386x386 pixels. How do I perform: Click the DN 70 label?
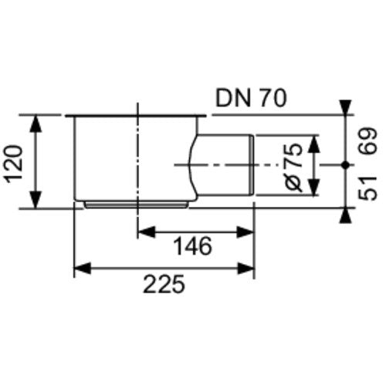coord(251,98)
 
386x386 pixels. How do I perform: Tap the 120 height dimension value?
coord(15,164)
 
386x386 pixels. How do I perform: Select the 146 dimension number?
coord(193,246)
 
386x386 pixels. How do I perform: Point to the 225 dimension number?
coord(164,284)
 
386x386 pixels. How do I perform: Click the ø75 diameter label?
coord(294,168)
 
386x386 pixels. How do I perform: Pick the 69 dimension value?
coord(368,141)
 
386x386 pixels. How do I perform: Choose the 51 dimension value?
coord(368,188)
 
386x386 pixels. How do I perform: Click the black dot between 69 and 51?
coord(346,165)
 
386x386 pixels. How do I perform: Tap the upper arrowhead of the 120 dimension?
coord(36,124)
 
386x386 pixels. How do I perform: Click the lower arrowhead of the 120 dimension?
coord(36,199)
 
